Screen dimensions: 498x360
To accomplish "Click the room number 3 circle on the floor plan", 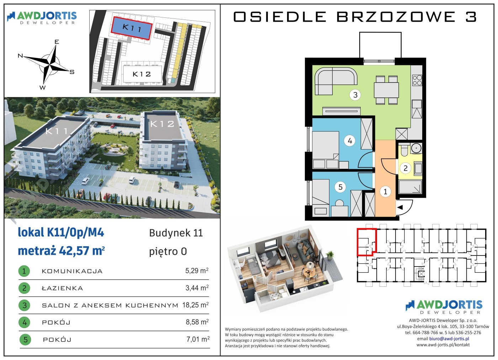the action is pyautogui.click(x=355, y=95).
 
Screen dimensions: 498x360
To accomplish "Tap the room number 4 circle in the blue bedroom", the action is pyautogui.click(x=350, y=141).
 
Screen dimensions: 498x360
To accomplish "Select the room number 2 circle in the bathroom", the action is pyautogui.click(x=405, y=168).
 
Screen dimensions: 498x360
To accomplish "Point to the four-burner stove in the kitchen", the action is pyautogui.click(x=417, y=80).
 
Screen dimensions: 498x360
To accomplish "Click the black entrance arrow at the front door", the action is pyautogui.click(x=400, y=208).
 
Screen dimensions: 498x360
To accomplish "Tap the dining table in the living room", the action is pyautogui.click(x=386, y=90).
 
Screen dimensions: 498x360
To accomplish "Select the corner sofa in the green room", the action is pyautogui.click(x=335, y=81).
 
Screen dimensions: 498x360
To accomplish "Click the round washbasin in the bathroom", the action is pyautogui.click(x=416, y=148).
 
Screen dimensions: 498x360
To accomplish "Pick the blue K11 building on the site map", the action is pyautogui.click(x=132, y=28).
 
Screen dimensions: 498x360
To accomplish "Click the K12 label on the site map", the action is pyautogui.click(x=142, y=74).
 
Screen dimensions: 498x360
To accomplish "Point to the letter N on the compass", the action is pyautogui.click(x=20, y=56).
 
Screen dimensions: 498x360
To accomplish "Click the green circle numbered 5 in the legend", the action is pyautogui.click(x=25, y=340).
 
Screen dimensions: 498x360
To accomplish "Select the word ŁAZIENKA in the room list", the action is pyautogui.click(x=62, y=288).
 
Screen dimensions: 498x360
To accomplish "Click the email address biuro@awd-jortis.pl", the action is pyautogui.click(x=449, y=339).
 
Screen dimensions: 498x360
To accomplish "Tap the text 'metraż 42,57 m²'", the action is pyautogui.click(x=61, y=251).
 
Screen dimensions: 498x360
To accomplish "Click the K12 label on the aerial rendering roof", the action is pyautogui.click(x=162, y=124).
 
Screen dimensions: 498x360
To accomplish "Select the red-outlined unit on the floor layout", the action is pyautogui.click(x=367, y=242).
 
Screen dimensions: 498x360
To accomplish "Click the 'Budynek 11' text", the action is pyautogui.click(x=176, y=233).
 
